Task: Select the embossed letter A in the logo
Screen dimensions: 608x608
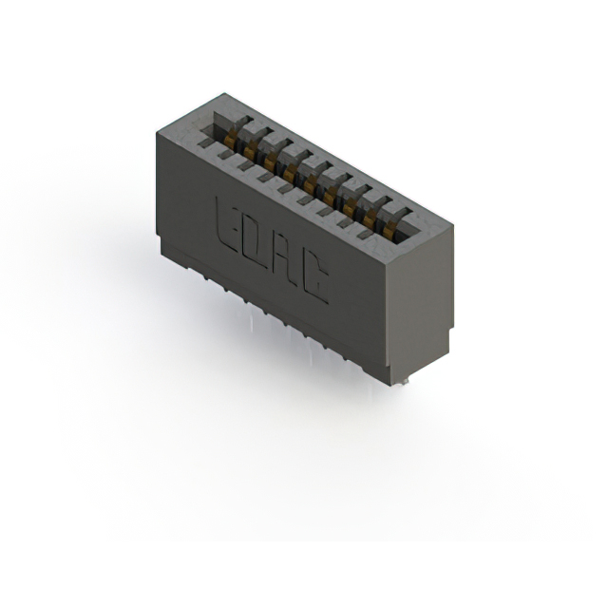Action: (285, 259)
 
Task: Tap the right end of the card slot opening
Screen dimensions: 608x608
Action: (407, 225)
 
